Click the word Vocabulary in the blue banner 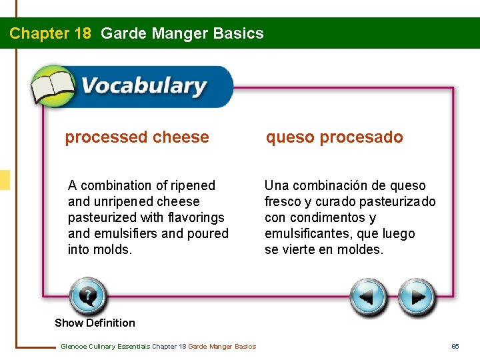143,87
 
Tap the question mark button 87,297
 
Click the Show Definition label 95,323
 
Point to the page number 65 455,346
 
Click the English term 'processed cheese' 137,137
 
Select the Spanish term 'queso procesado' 334,137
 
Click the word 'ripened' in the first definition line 193,185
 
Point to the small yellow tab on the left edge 5,180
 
